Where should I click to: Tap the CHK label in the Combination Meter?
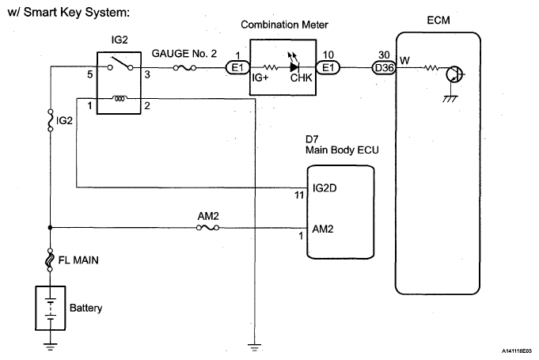tap(302, 78)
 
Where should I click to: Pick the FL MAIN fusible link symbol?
tap(51, 259)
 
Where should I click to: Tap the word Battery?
tap(86, 307)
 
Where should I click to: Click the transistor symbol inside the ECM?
tap(454, 76)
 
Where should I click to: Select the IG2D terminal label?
tap(325, 188)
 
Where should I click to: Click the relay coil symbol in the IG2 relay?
tap(119, 99)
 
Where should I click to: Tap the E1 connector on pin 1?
tap(236, 68)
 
